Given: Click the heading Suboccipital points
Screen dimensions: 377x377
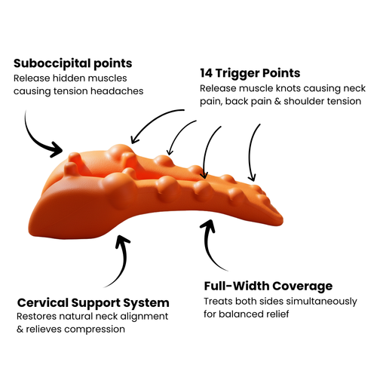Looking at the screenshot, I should [x=72, y=63].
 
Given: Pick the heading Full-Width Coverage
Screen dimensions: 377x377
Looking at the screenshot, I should [x=268, y=287].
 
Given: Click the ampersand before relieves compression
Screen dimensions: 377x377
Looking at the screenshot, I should [x=20, y=329].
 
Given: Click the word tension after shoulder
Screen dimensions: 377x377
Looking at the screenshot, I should [x=334, y=101].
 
